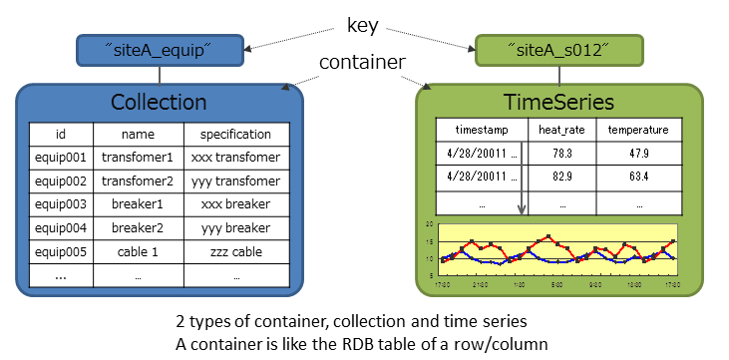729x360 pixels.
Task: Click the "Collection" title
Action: (x=159, y=103)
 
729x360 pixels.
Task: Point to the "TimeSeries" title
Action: (x=559, y=103)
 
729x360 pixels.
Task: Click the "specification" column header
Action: (x=235, y=134)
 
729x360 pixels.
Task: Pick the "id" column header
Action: (x=60, y=134)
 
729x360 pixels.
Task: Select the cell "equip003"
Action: (x=61, y=204)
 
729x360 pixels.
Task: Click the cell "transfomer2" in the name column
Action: (x=138, y=181)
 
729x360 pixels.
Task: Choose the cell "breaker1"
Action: (x=138, y=204)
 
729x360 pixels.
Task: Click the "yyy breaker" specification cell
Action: (x=235, y=228)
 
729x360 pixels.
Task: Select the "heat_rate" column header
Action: (x=561, y=131)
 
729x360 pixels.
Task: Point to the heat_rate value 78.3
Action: (x=561, y=154)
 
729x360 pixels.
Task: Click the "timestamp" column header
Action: (x=482, y=131)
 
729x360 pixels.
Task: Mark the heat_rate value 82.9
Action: (x=561, y=177)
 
